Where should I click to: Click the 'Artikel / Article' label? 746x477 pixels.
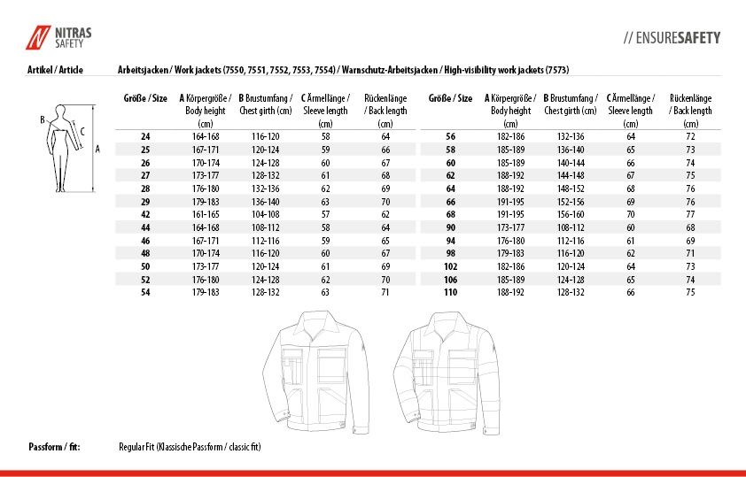coord(56,69)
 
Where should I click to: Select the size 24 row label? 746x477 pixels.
coord(146,137)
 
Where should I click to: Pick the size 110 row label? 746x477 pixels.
coord(450,291)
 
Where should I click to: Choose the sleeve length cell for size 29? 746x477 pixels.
coord(326,201)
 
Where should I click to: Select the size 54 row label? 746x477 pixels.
coord(146,291)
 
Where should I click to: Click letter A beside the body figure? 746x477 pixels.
coord(97,149)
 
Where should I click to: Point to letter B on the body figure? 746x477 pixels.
coord(42,119)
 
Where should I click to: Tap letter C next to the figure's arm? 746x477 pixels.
coord(82,132)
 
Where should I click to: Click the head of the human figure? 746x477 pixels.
coord(61,108)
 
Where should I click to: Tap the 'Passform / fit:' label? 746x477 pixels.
coord(54,447)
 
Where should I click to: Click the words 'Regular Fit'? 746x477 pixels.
coord(136,447)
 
